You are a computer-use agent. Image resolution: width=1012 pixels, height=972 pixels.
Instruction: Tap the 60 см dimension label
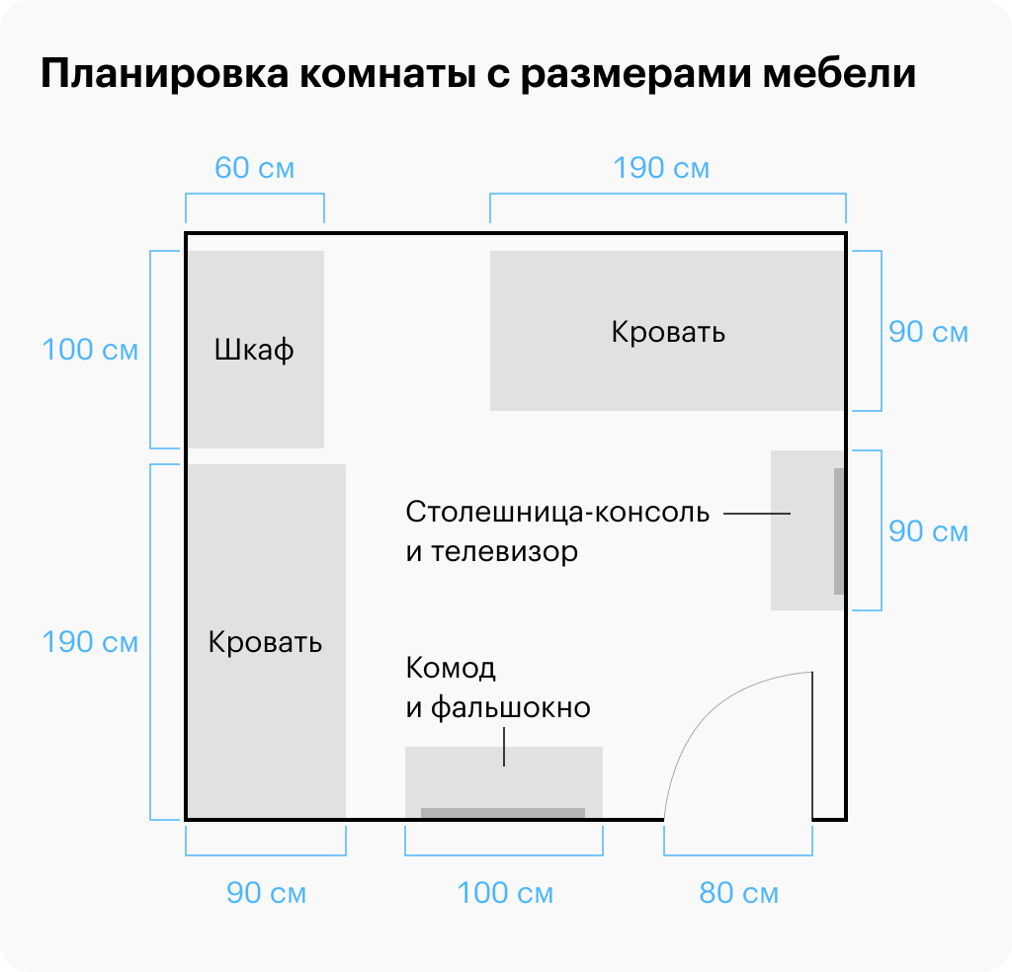click(x=255, y=168)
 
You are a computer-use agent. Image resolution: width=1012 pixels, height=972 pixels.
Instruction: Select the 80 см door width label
click(x=738, y=894)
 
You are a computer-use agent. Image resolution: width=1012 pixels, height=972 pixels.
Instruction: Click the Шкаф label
click(x=254, y=350)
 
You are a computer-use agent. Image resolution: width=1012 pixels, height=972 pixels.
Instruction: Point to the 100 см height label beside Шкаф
click(x=90, y=350)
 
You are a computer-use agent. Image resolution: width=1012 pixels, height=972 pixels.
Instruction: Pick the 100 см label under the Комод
click(x=504, y=894)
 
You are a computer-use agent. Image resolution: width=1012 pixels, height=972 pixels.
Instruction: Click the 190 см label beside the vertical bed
click(x=90, y=642)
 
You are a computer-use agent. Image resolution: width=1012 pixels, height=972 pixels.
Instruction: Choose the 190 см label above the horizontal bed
click(x=661, y=168)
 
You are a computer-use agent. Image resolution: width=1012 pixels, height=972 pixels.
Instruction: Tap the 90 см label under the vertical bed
click(x=266, y=894)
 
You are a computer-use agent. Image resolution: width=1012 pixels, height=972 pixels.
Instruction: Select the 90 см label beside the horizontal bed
click(x=928, y=332)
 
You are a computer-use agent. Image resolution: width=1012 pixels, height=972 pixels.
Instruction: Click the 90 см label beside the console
click(x=928, y=531)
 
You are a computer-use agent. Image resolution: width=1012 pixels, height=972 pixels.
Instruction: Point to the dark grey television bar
click(x=839, y=531)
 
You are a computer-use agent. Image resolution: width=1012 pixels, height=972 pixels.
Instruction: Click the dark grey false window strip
click(x=503, y=813)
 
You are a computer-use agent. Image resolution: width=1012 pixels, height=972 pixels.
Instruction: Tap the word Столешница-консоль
click(x=557, y=514)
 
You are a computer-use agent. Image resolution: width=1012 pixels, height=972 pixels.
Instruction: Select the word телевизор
click(x=504, y=551)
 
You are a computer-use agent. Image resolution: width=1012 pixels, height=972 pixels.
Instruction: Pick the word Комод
click(x=451, y=669)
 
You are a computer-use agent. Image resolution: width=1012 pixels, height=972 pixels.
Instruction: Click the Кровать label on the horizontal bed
click(x=668, y=332)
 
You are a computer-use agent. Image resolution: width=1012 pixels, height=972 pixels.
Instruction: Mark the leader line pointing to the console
click(x=757, y=514)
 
